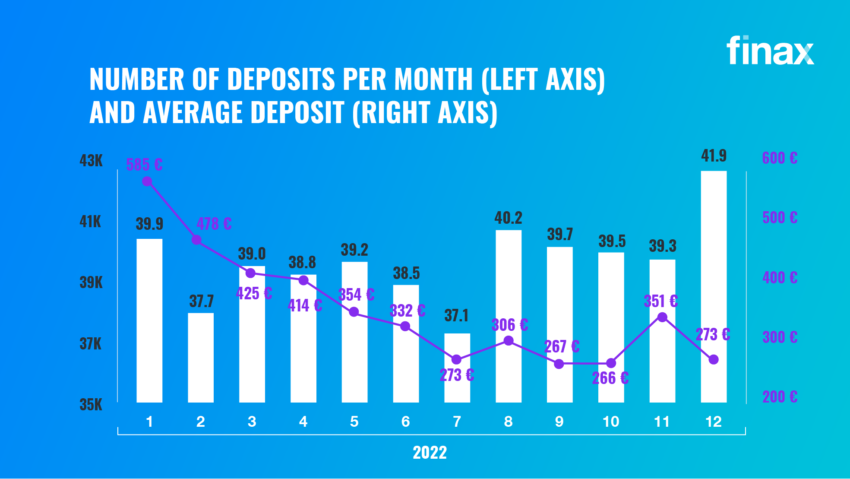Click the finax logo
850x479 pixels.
[x=770, y=51]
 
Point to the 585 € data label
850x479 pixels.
[x=144, y=165]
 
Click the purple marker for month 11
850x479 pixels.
[x=662, y=317]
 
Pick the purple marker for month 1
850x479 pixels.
[x=147, y=181]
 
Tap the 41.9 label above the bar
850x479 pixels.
[x=714, y=155]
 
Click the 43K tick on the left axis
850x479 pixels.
[x=91, y=161]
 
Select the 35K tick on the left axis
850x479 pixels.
[x=91, y=405]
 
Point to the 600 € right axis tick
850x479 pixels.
[x=780, y=158]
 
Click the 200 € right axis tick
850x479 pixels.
[x=780, y=397]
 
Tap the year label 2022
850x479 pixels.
[x=430, y=453]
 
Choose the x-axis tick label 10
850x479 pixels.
[x=611, y=422]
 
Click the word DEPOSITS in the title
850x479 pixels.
[x=281, y=79]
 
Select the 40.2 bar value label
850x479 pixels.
[x=508, y=218]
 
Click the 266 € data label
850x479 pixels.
[x=610, y=378]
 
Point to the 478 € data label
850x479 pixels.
[x=214, y=224]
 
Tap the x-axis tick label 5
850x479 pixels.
[x=354, y=422]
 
